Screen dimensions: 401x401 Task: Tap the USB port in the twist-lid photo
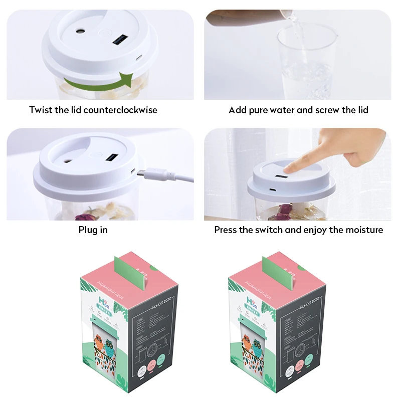[x=120, y=40]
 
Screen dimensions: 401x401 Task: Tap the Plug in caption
[x=93, y=230]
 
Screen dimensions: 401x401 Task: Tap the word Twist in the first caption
[x=41, y=110]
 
